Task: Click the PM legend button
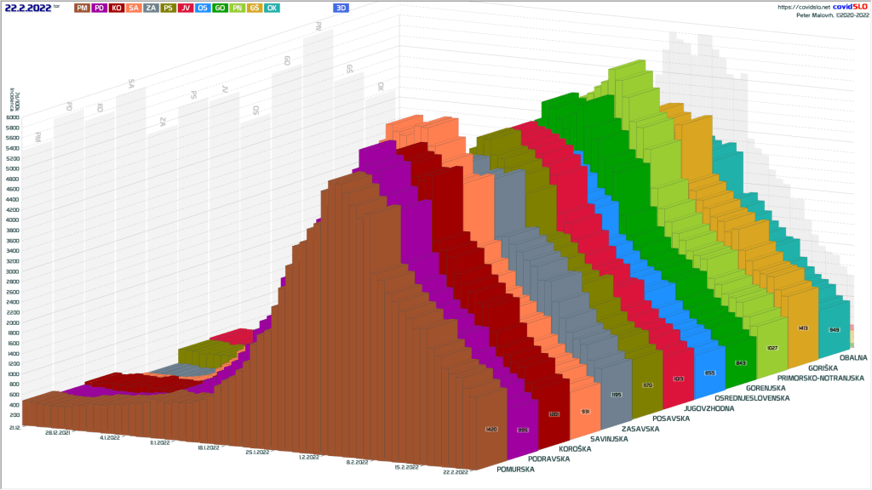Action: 82,7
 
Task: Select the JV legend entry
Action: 186,7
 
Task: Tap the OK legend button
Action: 272,7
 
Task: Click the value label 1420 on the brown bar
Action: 490,429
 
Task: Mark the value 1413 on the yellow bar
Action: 802,328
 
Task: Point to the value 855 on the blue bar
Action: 710,373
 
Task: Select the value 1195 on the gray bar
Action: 617,395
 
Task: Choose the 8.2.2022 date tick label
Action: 357,462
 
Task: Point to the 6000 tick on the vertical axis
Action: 13,117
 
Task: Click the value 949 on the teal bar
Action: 834,329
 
